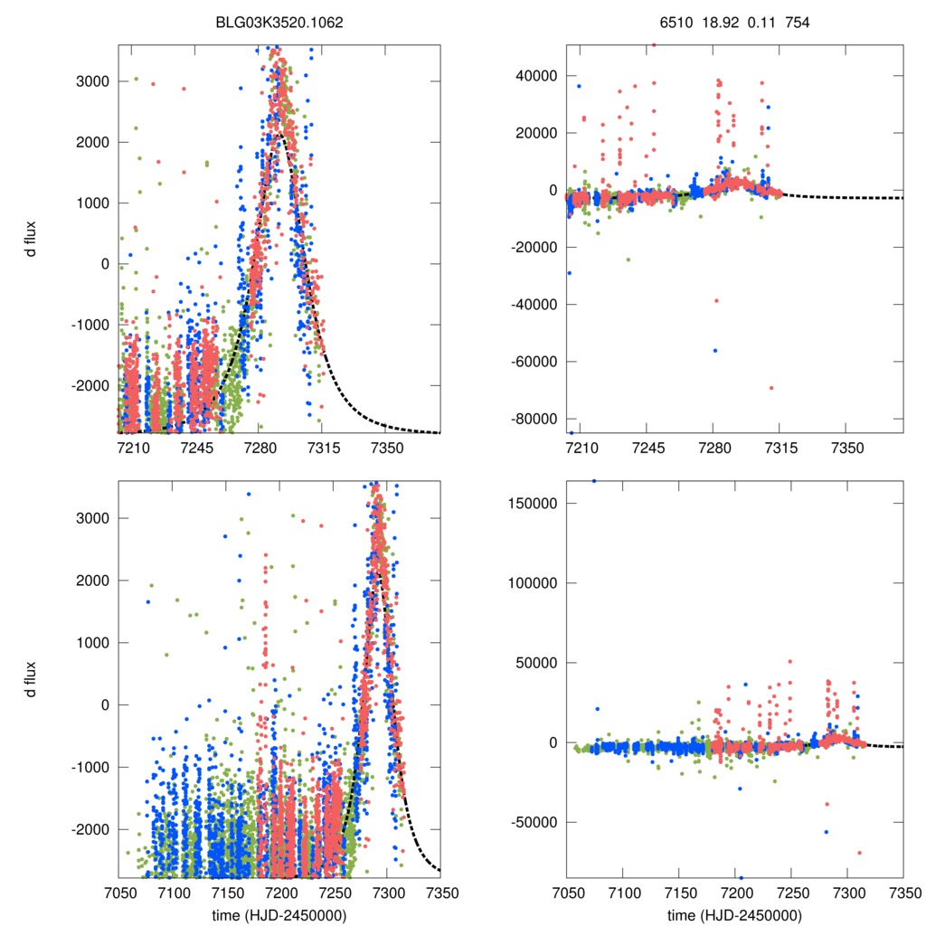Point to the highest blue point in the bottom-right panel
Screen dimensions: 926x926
[x=594, y=481]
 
